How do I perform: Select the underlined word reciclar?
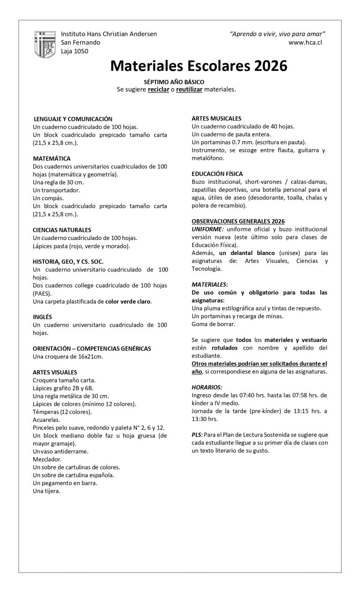[158, 89]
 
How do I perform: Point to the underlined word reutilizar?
[189, 89]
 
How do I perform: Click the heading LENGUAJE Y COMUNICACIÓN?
[73, 119]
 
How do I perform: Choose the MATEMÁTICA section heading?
[52, 158]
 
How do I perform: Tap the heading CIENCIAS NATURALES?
[62, 230]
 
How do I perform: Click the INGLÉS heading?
[42, 317]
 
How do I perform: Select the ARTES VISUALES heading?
[54, 372]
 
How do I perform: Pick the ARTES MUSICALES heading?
[217, 119]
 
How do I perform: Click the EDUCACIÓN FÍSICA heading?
[217, 174]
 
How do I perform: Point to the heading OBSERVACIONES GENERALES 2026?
[238, 221]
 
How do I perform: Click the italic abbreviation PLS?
[197, 435]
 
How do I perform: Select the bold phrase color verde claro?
[128, 301]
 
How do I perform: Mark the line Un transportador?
[56, 190]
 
